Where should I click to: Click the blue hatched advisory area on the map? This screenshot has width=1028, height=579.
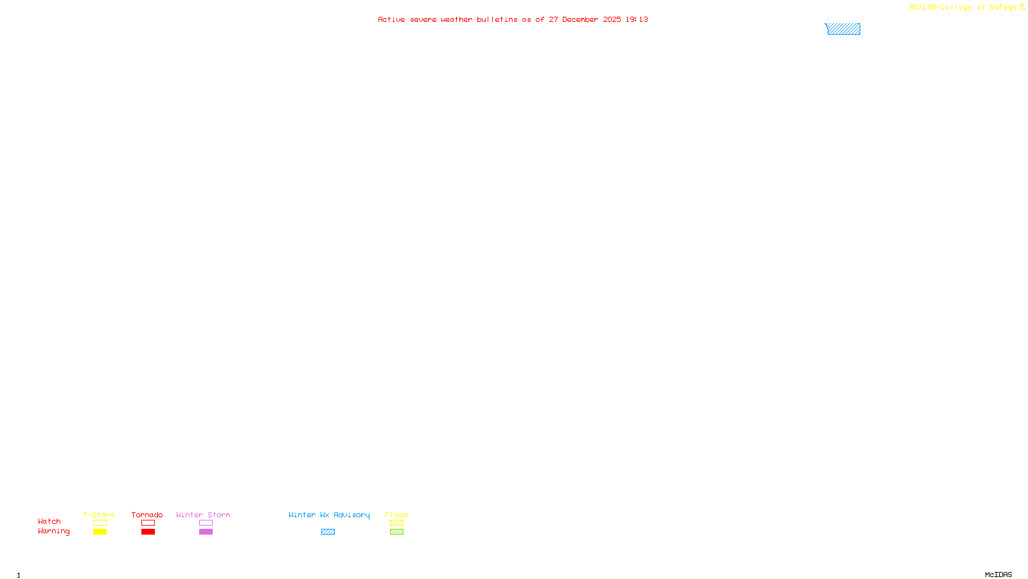click(844, 29)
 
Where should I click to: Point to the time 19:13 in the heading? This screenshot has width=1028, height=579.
click(637, 20)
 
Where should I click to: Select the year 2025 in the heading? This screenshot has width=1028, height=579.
click(612, 20)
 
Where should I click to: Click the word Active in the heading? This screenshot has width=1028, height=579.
click(391, 20)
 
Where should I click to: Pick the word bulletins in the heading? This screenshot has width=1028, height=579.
click(497, 20)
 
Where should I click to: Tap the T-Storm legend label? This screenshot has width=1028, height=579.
click(99, 515)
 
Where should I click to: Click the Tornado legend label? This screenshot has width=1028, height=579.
click(147, 515)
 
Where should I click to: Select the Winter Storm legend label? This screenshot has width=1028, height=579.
click(203, 515)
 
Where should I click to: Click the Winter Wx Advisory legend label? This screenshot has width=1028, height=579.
click(329, 515)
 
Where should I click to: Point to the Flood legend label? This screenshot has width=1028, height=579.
click(396, 515)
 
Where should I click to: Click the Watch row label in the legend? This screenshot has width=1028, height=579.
click(49, 522)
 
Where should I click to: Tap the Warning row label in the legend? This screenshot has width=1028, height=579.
click(53, 531)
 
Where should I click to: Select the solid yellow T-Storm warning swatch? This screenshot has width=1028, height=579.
click(100, 532)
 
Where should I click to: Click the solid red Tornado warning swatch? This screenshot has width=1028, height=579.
click(148, 532)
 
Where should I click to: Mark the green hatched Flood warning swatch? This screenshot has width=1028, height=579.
click(396, 532)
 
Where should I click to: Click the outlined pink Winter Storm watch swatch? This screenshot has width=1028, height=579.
click(206, 523)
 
